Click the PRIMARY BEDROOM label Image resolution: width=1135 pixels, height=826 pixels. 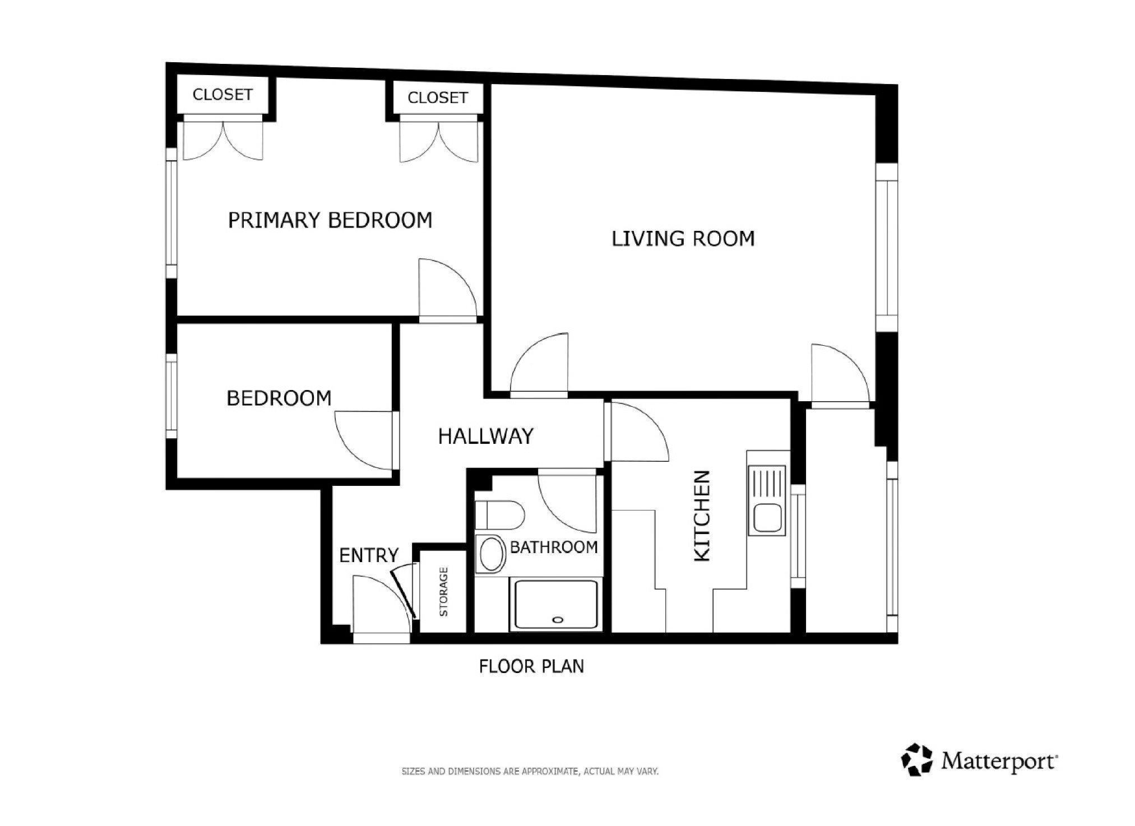click(x=330, y=220)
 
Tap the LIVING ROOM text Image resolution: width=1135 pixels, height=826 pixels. click(x=683, y=239)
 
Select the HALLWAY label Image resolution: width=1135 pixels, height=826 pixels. click(x=485, y=436)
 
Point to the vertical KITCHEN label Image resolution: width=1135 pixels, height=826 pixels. click(x=702, y=516)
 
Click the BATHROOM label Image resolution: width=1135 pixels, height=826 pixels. click(x=554, y=547)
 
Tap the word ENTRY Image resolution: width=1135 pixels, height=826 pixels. click(x=369, y=555)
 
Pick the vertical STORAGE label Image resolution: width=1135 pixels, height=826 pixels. click(x=443, y=592)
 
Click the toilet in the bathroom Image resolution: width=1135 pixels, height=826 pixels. click(x=499, y=514)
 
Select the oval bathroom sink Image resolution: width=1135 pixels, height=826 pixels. click(x=492, y=554)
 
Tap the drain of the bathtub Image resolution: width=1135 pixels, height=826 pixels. click(x=557, y=620)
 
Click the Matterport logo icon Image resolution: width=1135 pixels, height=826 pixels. click(x=916, y=760)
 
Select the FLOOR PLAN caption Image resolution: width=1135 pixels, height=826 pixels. click(x=531, y=666)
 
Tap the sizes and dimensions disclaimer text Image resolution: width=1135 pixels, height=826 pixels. click(x=530, y=772)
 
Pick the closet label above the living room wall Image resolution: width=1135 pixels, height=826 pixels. click(x=438, y=98)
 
